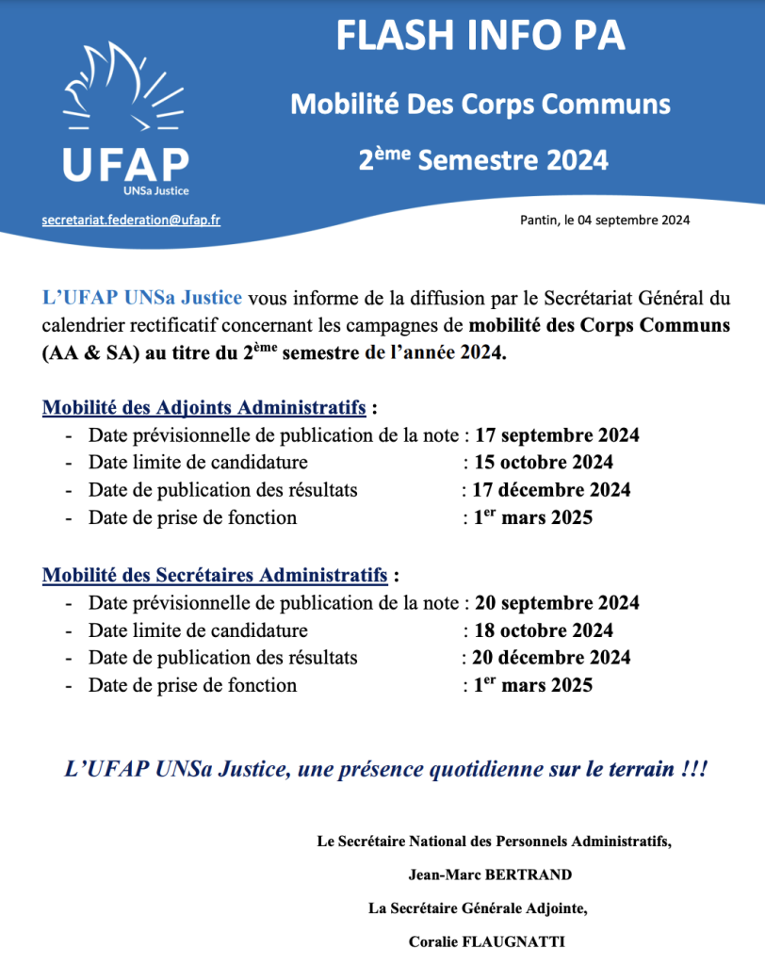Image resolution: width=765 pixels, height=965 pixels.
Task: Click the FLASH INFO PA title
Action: pos(480,38)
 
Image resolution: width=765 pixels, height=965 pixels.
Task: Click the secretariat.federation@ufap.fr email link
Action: pos(131,220)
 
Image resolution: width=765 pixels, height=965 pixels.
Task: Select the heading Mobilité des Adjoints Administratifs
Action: pos(204,408)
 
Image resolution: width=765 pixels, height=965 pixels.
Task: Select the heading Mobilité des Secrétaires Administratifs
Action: pos(215,574)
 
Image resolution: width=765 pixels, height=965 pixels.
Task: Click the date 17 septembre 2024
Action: pos(557,435)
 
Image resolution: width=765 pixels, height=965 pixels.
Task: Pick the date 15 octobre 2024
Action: pos(544,463)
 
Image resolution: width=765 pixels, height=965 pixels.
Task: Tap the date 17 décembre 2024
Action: pos(552,490)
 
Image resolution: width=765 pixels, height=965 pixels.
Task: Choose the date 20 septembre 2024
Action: pos(557,603)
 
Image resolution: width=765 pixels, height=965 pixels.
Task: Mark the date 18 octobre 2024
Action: pos(544,630)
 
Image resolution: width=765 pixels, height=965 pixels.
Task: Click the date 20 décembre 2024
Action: pos(552,658)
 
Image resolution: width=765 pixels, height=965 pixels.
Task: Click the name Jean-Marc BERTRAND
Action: pos(490,875)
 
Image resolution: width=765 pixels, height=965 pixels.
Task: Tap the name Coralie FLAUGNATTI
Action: pos(490,941)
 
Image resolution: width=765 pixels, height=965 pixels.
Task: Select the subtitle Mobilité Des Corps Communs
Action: pos(480,103)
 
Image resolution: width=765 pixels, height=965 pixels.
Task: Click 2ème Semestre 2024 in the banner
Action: pos(482,159)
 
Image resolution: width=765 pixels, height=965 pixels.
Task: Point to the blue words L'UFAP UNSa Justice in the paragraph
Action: pos(142,299)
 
